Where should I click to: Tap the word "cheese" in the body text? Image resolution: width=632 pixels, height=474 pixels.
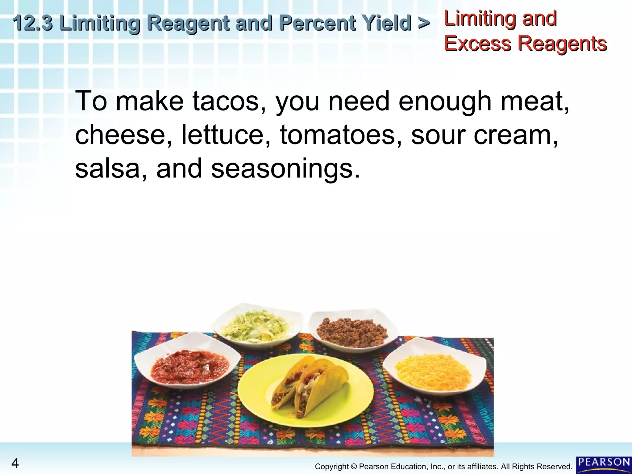coord(120,135)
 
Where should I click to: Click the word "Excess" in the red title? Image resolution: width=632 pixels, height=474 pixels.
coord(477,43)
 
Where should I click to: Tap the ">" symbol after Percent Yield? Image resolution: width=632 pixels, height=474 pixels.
coord(424,23)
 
